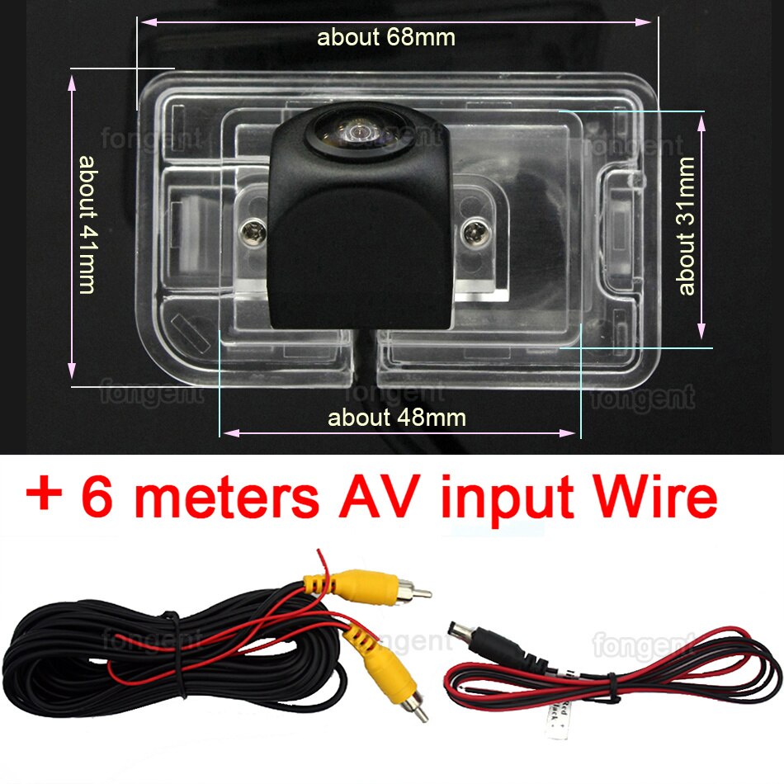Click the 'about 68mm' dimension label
[x=385, y=37]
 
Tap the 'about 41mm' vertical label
[x=87, y=224]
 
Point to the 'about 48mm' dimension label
[x=397, y=418]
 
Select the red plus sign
[x=46, y=497]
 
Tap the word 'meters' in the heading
[x=224, y=497]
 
